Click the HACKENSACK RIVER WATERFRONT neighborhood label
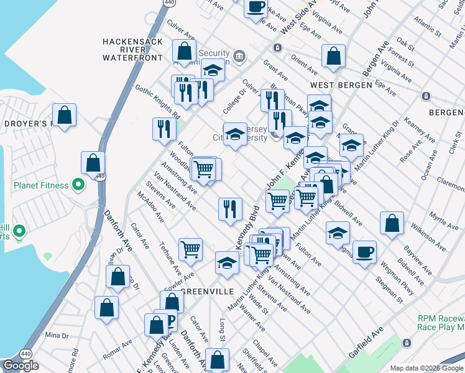click(x=132, y=50)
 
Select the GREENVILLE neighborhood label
click(x=207, y=291)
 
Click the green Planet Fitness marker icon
click(x=78, y=184)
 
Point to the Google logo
click(x=21, y=366)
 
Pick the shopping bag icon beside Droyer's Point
click(x=64, y=114)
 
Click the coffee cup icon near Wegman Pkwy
click(x=364, y=252)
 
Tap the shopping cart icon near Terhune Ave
click(x=190, y=250)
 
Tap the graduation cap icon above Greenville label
click(x=227, y=263)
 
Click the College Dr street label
click(x=234, y=103)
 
